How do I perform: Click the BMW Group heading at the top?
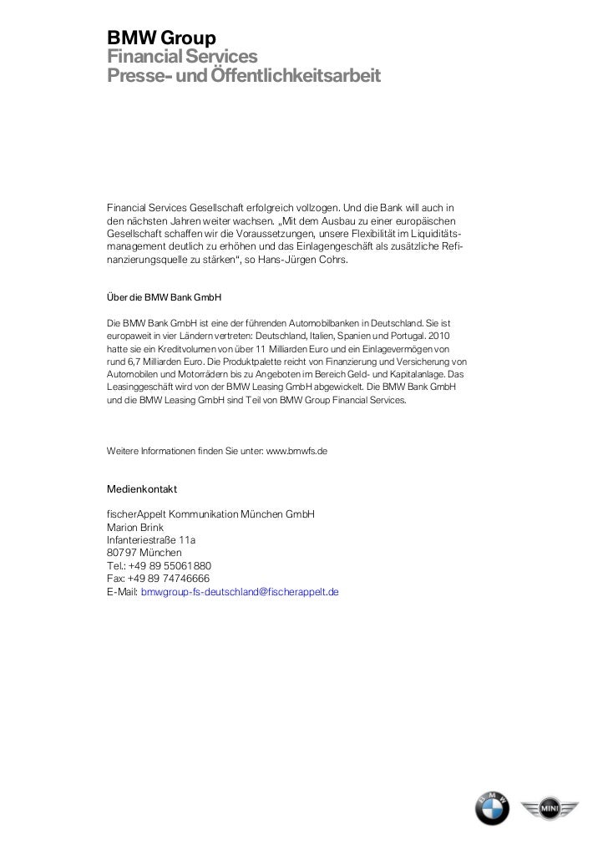click(x=161, y=38)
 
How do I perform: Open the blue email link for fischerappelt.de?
click(x=240, y=591)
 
